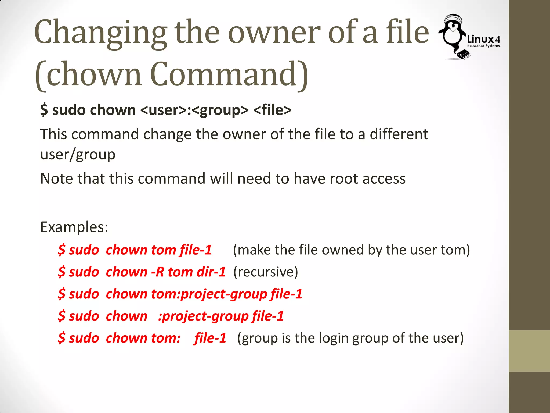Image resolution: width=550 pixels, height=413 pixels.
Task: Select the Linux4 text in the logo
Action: point(483,40)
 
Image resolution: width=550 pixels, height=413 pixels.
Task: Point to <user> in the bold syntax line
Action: point(164,110)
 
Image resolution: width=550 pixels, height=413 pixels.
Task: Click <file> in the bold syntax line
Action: point(272,110)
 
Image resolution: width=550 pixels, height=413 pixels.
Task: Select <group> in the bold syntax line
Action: point(220,110)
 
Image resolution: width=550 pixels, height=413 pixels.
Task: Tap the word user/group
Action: point(78,155)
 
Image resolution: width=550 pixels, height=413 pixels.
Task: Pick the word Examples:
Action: point(74,227)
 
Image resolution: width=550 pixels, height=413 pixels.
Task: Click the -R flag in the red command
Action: point(157,272)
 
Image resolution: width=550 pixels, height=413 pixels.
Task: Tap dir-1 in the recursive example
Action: point(211,272)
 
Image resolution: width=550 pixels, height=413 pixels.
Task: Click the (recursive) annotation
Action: point(266,272)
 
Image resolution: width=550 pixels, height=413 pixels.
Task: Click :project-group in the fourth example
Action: point(203,316)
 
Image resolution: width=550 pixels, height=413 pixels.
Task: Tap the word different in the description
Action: point(399,134)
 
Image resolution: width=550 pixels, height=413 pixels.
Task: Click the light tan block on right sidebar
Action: point(529,351)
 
